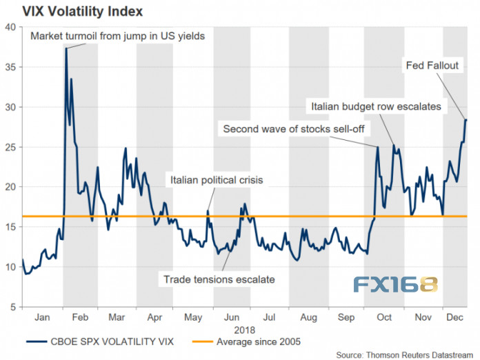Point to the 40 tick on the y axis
[11, 27]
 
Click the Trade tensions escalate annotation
[219, 279]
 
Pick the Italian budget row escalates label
[377, 107]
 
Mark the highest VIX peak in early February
[66, 48]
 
